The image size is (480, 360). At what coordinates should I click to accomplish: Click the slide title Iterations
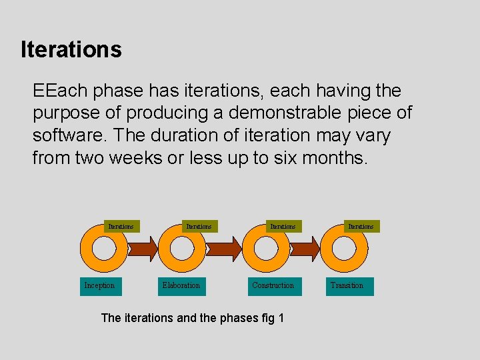(x=71, y=49)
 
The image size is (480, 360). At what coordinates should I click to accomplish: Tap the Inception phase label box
(x=99, y=286)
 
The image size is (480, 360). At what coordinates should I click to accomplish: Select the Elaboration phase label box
(x=181, y=286)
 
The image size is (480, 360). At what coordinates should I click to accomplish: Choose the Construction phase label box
(x=273, y=286)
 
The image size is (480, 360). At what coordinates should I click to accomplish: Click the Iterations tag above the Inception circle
(x=121, y=227)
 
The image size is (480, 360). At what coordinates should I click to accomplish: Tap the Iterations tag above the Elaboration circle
(x=199, y=227)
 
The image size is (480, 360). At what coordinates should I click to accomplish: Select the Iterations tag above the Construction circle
(x=282, y=227)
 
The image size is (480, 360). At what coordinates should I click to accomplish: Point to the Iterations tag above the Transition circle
(x=361, y=227)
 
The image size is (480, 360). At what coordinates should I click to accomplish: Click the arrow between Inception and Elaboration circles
(x=142, y=249)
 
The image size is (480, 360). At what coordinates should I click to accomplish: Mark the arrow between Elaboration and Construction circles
(x=225, y=249)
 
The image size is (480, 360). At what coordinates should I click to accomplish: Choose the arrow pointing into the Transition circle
(x=305, y=249)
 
